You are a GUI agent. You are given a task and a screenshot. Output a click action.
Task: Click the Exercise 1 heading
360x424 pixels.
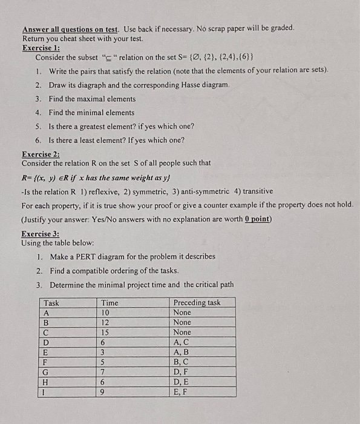[x=45, y=48]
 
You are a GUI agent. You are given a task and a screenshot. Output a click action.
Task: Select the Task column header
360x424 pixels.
[x=52, y=303]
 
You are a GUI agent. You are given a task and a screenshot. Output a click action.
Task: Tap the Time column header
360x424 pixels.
[x=110, y=303]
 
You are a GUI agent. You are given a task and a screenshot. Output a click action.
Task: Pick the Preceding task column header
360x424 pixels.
[x=197, y=303]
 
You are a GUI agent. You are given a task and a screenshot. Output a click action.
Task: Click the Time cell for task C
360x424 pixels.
[x=106, y=332]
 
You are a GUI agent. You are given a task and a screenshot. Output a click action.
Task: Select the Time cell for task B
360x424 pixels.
[x=106, y=322]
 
